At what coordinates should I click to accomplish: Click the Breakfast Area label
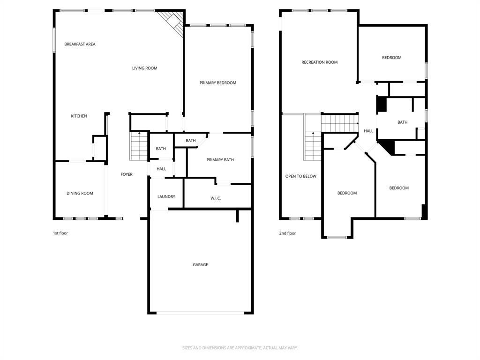[80, 44]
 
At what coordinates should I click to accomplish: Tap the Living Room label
[144, 68]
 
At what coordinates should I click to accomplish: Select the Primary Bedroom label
[217, 82]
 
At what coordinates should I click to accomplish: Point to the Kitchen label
[79, 116]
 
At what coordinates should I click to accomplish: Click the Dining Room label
[80, 193]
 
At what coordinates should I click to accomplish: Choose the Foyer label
[127, 174]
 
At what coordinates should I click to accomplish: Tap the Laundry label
[166, 196]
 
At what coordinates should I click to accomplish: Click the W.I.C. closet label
[216, 198]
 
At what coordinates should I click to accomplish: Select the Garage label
[200, 264]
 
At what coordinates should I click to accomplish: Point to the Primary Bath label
[220, 160]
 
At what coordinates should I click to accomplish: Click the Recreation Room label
[319, 62]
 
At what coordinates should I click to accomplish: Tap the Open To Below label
[300, 176]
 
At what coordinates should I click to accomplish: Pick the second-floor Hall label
[368, 131]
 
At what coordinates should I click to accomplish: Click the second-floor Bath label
[402, 122]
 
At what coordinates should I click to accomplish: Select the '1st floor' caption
[60, 233]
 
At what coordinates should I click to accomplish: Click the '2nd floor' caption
[287, 233]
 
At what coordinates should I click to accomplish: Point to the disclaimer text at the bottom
[240, 348]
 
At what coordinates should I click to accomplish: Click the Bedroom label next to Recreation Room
[391, 58]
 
